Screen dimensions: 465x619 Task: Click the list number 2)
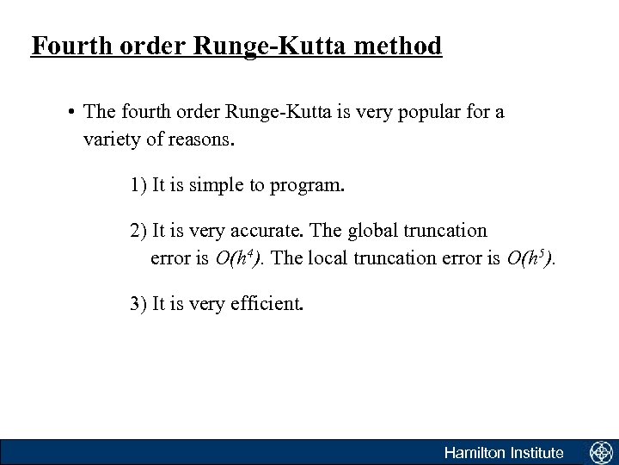pos(138,232)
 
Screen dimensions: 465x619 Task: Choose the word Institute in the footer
pos(535,452)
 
